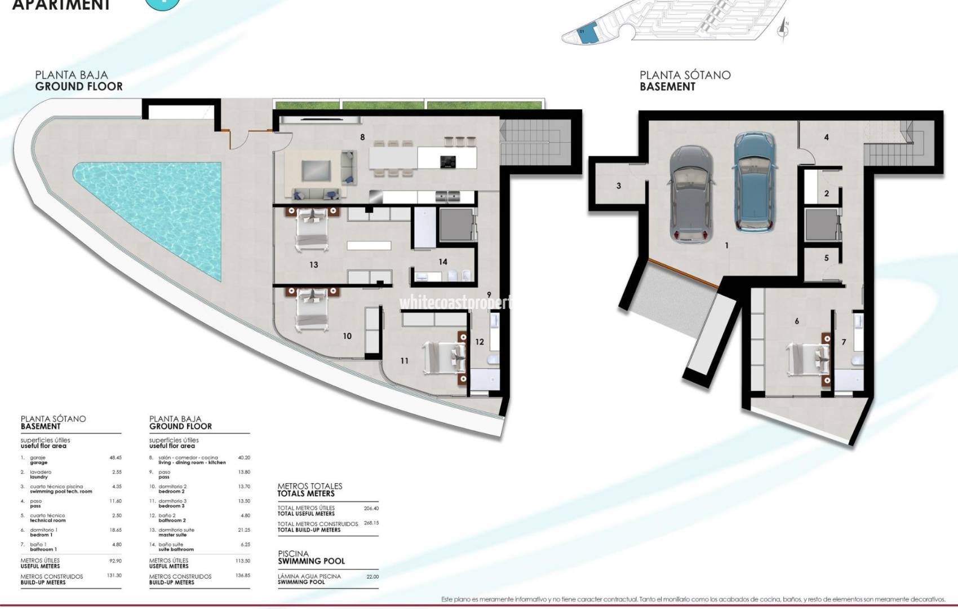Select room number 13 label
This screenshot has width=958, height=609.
point(314,264)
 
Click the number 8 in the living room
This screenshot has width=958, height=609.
point(362,137)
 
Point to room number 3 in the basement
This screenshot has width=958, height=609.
point(619,186)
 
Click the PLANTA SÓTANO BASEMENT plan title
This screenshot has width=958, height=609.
point(685,81)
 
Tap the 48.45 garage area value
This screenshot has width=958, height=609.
point(116,458)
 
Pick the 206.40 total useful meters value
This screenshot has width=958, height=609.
point(371,508)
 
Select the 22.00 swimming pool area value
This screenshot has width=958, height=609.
point(372,576)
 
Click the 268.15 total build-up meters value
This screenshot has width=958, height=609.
point(371,523)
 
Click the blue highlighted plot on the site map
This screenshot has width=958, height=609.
point(587,34)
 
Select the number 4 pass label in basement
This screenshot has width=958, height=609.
point(826,137)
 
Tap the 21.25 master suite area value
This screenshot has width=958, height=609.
point(244,530)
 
